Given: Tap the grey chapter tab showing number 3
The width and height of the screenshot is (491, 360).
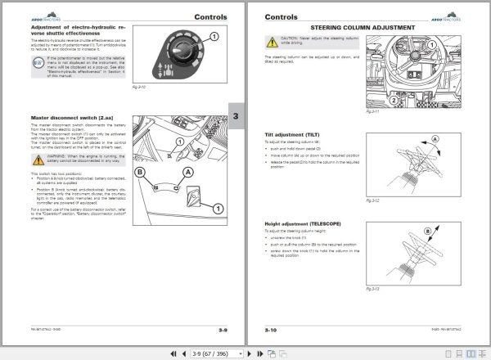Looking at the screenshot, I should [x=236, y=117].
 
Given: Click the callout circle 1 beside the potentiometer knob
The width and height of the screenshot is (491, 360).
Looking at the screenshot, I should [x=214, y=35].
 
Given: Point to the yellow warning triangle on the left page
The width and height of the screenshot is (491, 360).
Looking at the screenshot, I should [x=35, y=155].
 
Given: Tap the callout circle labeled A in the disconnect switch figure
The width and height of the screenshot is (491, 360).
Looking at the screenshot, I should [x=189, y=173].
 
